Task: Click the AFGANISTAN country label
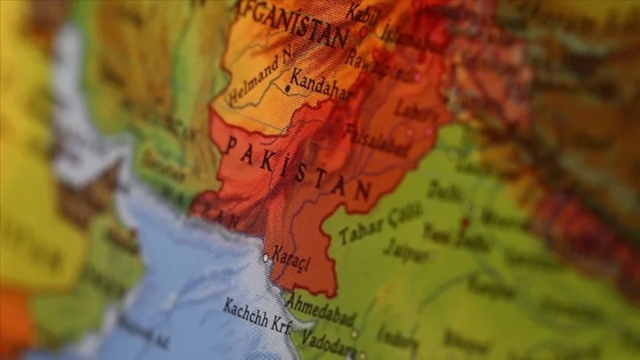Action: coord(291,25)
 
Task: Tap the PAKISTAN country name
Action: coord(297,168)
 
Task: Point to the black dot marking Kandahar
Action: coord(288,88)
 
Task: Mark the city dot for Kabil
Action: coord(364,31)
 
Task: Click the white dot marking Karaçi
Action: coord(265,258)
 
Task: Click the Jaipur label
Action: coord(405,252)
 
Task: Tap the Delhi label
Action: coord(444,190)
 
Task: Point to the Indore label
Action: coord(397,337)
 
